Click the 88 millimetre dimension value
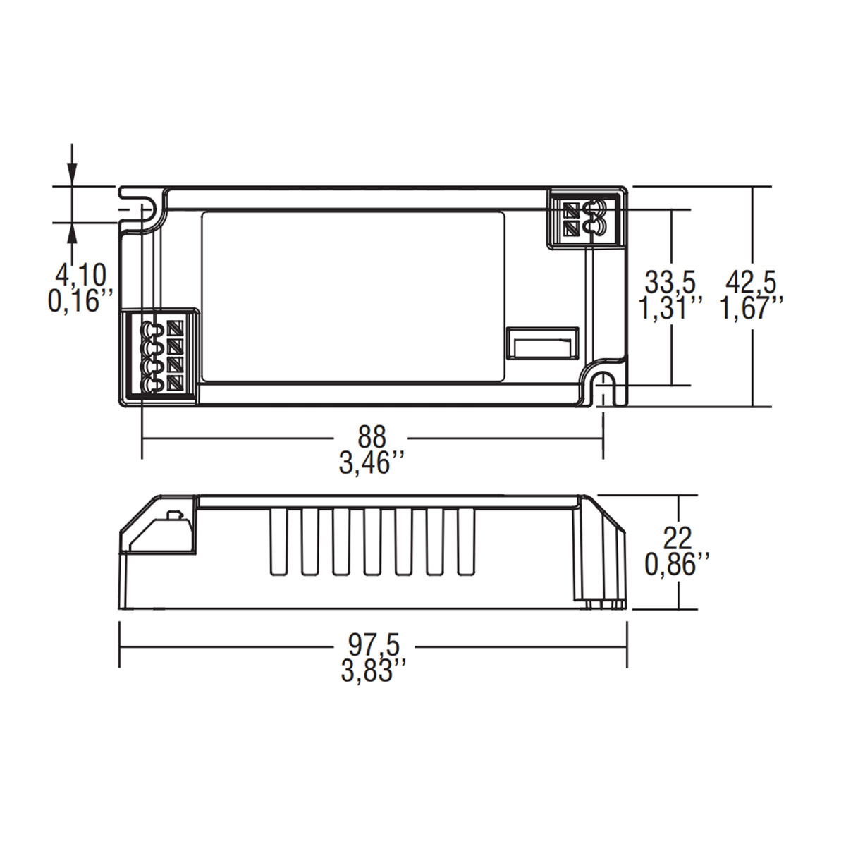tap(372, 437)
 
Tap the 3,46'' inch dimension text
tap(372, 464)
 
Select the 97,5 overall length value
tap(374, 644)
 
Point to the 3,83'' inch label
tap(374, 670)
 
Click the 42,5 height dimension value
tap(751, 283)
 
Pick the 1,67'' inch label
tap(751, 309)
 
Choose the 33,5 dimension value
tap(670, 283)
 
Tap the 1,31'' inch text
tap(670, 309)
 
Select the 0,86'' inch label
tap(678, 563)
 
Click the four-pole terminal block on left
tap(161, 356)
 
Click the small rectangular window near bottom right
tap(541, 345)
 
